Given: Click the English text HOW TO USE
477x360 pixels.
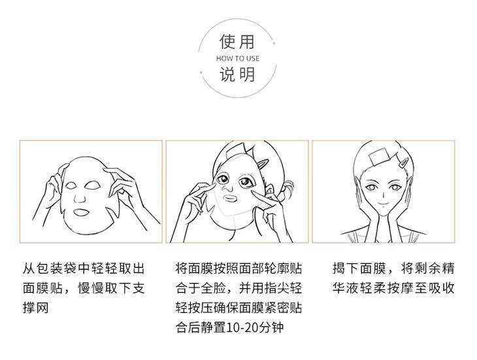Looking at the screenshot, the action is point(238,58).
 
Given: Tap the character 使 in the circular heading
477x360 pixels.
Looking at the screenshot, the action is point(229,42).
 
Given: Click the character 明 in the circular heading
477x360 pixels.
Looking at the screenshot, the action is point(246,74).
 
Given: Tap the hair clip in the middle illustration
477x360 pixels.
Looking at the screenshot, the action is point(262,164).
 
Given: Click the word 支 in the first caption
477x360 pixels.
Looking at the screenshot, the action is point(139,287).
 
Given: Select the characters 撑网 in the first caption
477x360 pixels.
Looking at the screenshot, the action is point(35,307).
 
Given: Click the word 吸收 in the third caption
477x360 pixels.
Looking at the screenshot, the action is point(442,287).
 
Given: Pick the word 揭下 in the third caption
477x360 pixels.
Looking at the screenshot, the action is point(346,268).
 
